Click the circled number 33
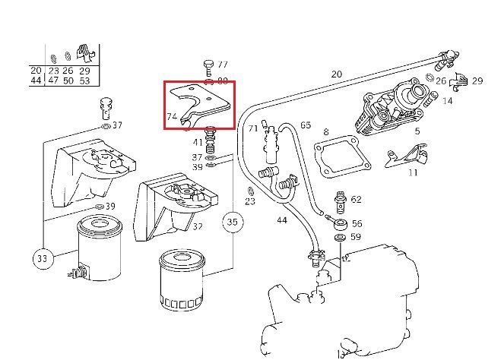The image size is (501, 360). tap(40, 259)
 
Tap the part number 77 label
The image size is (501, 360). tap(223, 65)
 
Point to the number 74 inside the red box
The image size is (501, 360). tap(172, 117)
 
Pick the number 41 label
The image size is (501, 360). tap(198, 142)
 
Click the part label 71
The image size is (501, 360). tap(253, 129)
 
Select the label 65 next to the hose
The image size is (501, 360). tap(306, 125)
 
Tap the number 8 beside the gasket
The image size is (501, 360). tap(326, 132)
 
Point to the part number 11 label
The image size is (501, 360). tap(413, 172)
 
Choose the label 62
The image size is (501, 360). tap(356, 200)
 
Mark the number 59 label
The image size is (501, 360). tap(356, 238)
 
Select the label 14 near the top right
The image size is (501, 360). tap(447, 100)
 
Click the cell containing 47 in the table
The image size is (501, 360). tap(53, 80)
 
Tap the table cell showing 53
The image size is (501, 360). tap(84, 80)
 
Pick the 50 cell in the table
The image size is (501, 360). tap(68, 80)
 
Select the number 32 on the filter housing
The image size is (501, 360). tap(197, 226)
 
